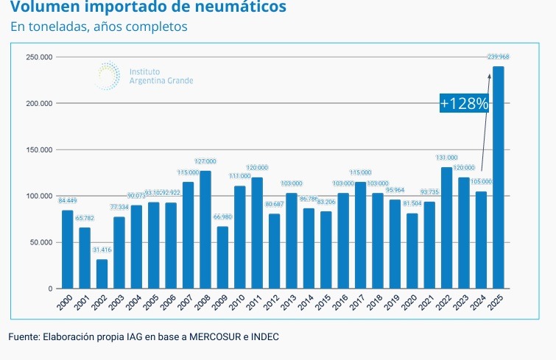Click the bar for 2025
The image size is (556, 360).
point(499,177)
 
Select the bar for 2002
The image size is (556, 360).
point(102,273)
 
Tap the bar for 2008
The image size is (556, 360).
point(205,229)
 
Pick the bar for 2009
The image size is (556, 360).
point(222,257)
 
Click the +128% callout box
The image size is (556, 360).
point(465,104)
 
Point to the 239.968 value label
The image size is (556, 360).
point(499,57)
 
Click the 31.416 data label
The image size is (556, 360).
point(102,250)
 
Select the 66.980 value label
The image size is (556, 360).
point(222,217)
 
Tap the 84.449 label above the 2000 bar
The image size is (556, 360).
point(67,201)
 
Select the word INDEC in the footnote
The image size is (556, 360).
point(264,337)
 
